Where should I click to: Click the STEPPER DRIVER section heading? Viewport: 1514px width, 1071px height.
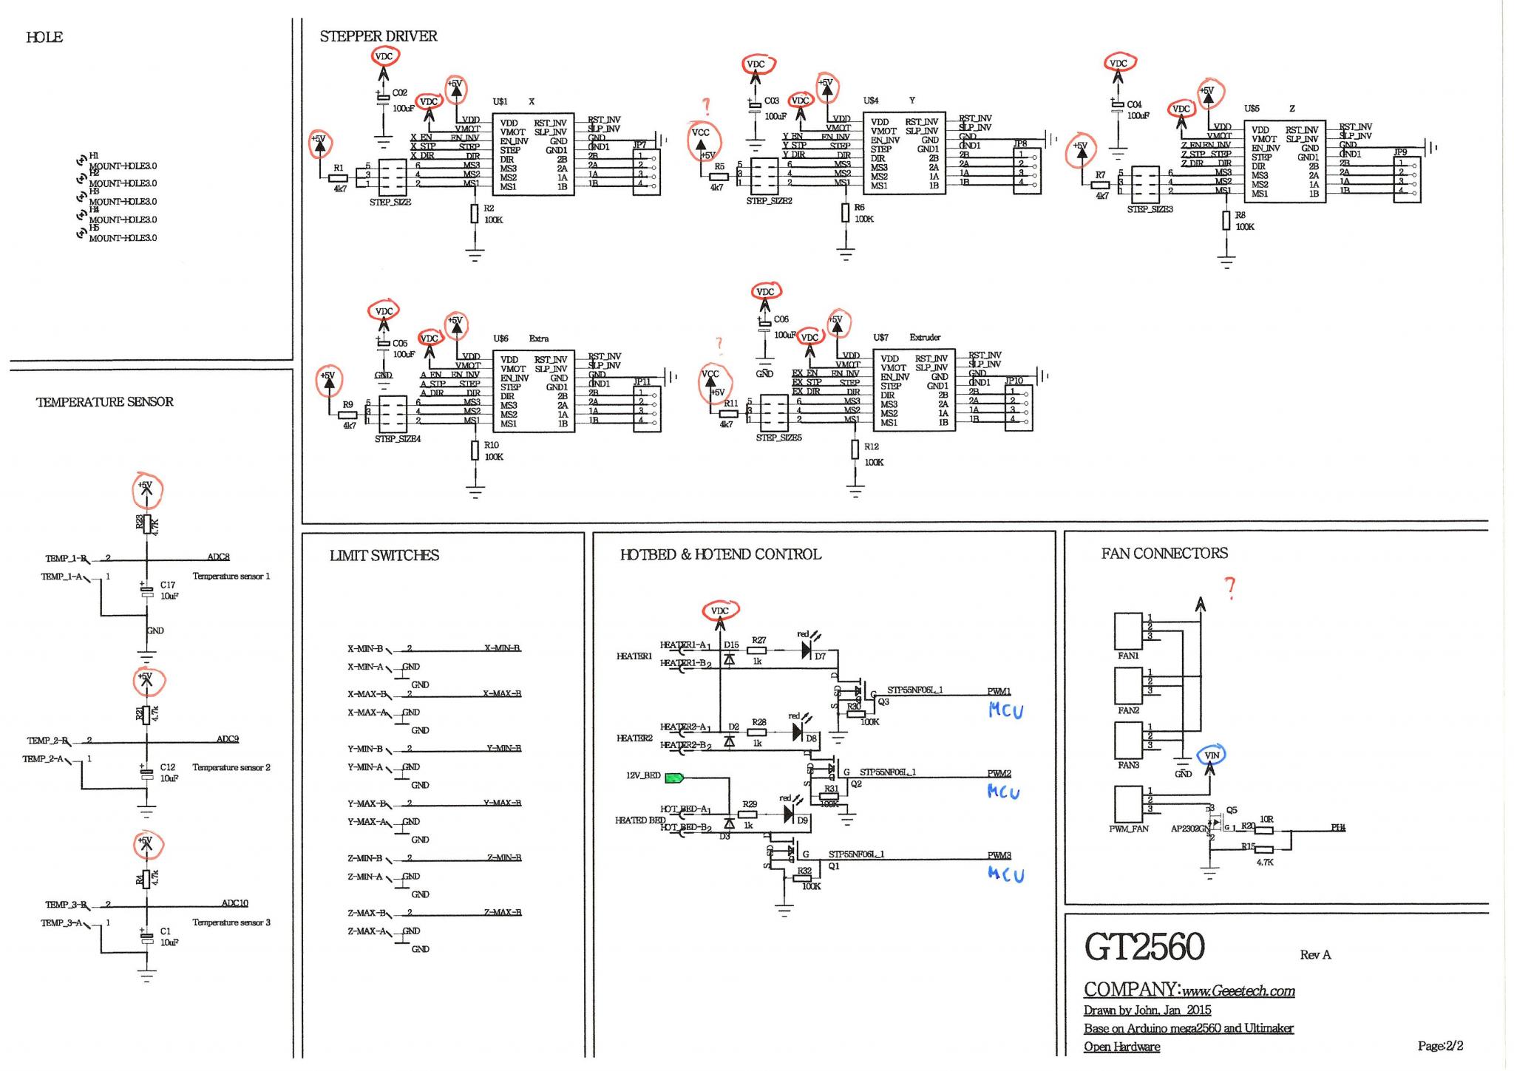pos(378,36)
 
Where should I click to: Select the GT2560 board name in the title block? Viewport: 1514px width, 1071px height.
pos(1144,948)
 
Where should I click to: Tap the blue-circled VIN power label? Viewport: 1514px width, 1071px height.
pos(1212,755)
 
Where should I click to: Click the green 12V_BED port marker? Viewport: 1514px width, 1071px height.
pos(674,777)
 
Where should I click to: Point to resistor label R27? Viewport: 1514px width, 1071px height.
pos(758,641)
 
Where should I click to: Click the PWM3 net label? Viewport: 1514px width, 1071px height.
pos(999,855)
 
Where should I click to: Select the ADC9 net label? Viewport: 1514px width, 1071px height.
pos(227,739)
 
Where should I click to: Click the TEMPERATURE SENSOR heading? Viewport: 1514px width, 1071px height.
pos(105,402)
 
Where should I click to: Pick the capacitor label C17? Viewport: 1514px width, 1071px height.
pos(168,585)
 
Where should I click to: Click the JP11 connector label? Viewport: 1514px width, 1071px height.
pos(642,382)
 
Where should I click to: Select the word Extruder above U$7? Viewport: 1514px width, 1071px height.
pos(925,337)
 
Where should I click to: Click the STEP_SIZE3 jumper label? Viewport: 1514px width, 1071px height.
pos(1150,209)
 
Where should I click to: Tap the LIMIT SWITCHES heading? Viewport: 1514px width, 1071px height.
pos(384,556)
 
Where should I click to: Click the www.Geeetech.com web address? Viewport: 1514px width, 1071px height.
pos(1238,991)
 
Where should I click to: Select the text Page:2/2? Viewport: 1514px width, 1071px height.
pos(1440,1046)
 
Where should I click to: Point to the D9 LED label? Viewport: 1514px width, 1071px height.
pos(802,820)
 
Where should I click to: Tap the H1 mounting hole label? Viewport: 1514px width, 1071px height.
pos(94,156)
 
